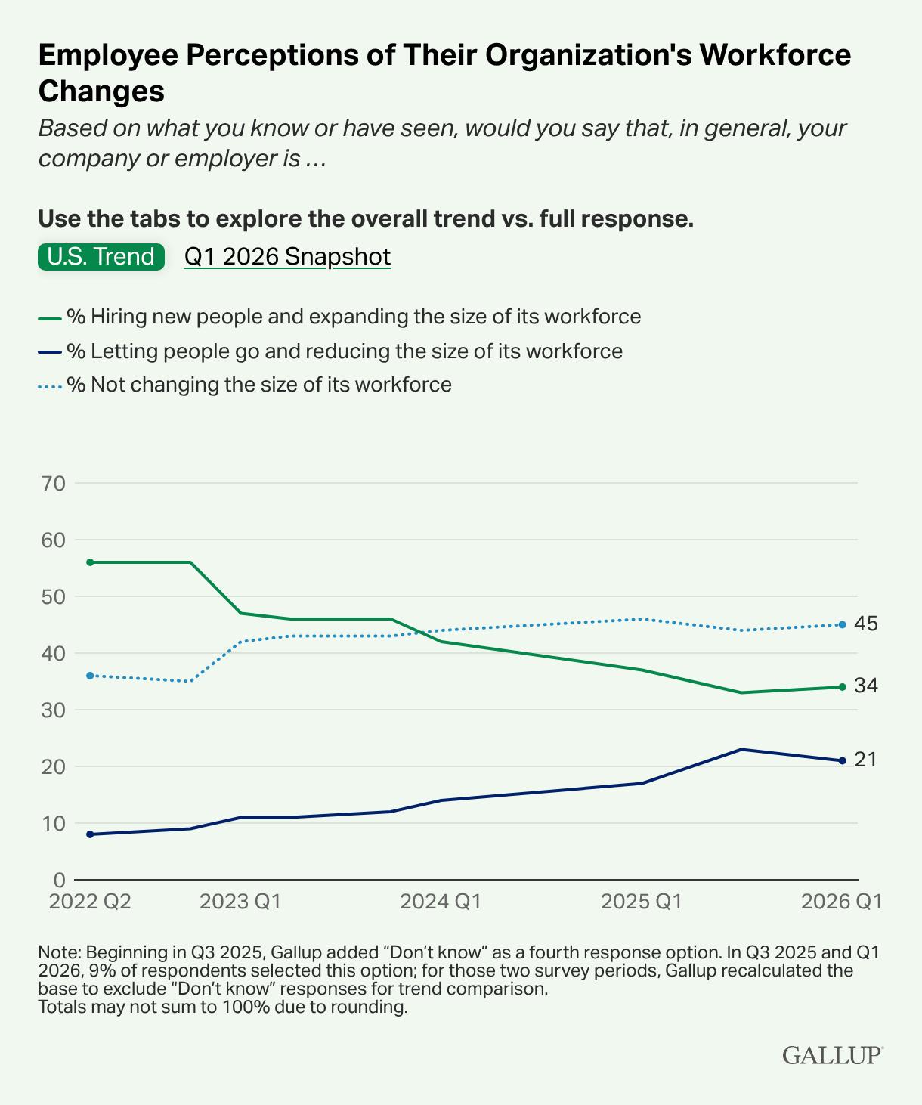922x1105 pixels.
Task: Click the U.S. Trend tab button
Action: point(101,257)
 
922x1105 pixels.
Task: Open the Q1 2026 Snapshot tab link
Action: point(287,257)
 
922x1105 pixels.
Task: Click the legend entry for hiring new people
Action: point(339,317)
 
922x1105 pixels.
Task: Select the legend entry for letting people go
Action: point(330,351)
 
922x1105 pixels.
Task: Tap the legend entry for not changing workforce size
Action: point(245,384)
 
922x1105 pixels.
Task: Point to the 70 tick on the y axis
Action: point(53,483)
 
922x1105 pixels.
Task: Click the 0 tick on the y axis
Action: point(59,880)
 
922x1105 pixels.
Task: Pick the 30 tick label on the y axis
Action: point(53,710)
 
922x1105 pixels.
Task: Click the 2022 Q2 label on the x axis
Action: point(90,901)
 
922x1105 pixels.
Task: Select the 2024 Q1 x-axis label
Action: point(441,901)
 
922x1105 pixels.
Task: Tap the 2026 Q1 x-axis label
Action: point(842,901)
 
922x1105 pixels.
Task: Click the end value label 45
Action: point(866,624)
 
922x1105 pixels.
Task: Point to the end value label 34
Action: point(866,686)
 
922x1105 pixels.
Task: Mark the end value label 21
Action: point(865,760)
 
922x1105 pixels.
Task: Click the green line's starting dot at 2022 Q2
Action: point(90,562)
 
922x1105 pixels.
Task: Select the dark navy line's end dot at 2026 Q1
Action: point(842,760)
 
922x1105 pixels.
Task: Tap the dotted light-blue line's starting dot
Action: point(90,675)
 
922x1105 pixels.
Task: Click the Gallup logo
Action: point(833,1054)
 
